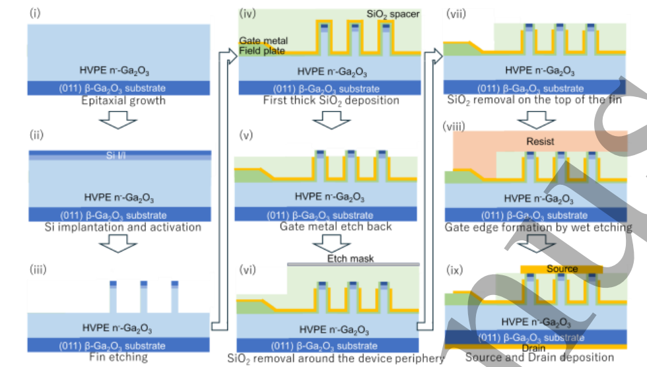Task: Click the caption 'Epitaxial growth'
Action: pyautogui.click(x=123, y=101)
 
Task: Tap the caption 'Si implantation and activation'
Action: pyautogui.click(x=123, y=227)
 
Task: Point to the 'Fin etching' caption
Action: pyautogui.click(x=119, y=357)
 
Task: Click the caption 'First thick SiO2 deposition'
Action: pyautogui.click(x=331, y=100)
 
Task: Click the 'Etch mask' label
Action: pyautogui.click(x=351, y=258)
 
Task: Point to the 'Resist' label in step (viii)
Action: pyautogui.click(x=540, y=141)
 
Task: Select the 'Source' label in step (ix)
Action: pyautogui.click(x=562, y=269)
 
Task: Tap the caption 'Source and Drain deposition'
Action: pyautogui.click(x=539, y=357)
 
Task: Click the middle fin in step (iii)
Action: pyautogui.click(x=143, y=297)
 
